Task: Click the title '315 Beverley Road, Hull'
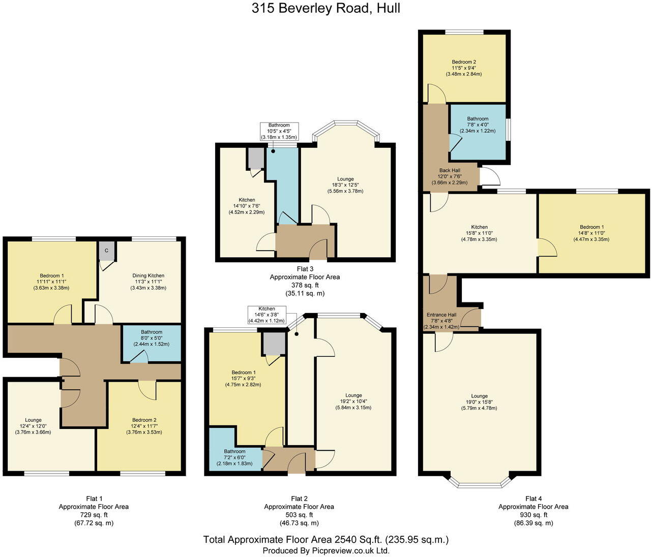pos(325,8)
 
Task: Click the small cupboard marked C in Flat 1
pos(107,250)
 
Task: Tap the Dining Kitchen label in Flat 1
pos(149,276)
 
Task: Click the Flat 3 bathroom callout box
pos(279,131)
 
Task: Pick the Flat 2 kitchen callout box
pos(266,315)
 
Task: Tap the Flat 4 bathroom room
pos(478,131)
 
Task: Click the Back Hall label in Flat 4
pos(450,171)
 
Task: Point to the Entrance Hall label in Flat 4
pos(441,315)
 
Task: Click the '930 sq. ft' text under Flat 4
pos(533,515)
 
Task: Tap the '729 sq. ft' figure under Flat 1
pos(94,515)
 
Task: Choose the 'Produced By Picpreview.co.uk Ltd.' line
pos(325,550)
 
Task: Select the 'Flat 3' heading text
pos(304,269)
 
